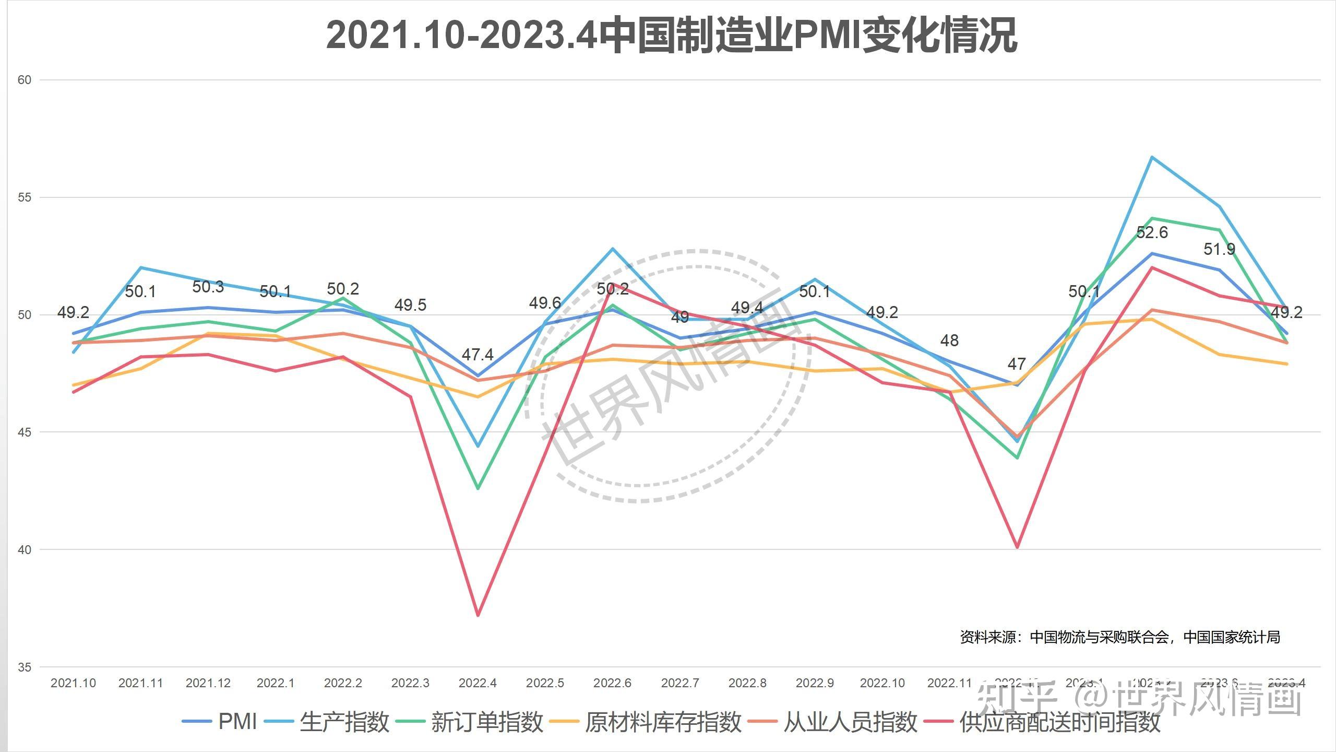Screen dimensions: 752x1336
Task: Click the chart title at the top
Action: point(672,36)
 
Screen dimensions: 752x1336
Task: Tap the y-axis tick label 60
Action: point(25,80)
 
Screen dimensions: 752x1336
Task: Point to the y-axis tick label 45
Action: point(25,432)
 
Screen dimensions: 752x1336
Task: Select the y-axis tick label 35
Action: point(25,667)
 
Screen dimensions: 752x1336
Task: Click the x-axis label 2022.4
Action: point(478,683)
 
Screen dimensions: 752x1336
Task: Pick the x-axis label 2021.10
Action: point(73,683)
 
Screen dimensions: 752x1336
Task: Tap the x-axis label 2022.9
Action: point(815,683)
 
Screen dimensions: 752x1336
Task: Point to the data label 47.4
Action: point(478,355)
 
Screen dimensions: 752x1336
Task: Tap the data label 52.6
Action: point(1152,233)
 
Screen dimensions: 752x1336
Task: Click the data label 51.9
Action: point(1219,250)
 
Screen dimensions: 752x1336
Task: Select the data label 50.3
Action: point(208,287)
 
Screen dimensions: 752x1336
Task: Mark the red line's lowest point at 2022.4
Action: point(478,615)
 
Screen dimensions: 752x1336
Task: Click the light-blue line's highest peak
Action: point(1152,157)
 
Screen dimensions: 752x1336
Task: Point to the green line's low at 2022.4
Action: point(478,488)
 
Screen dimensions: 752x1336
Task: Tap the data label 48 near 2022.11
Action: point(949,341)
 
